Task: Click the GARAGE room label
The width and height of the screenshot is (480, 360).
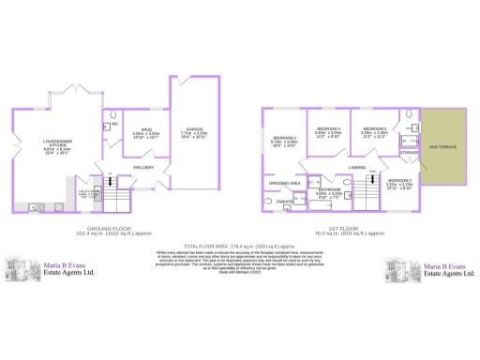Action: tap(193, 129)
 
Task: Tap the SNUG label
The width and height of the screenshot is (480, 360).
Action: tap(146, 129)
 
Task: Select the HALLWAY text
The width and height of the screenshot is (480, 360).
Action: tap(143, 167)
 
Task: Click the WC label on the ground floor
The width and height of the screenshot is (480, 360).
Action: tap(114, 124)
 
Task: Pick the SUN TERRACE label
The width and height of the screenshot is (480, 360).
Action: tap(442, 147)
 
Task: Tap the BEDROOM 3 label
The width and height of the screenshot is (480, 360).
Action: tap(374, 127)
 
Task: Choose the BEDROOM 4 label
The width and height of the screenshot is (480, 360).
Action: tap(327, 127)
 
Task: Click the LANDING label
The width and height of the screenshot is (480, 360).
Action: tap(356, 167)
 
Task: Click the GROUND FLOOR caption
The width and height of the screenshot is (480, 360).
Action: tap(106, 228)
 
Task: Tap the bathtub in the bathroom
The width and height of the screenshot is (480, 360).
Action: tap(324, 204)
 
